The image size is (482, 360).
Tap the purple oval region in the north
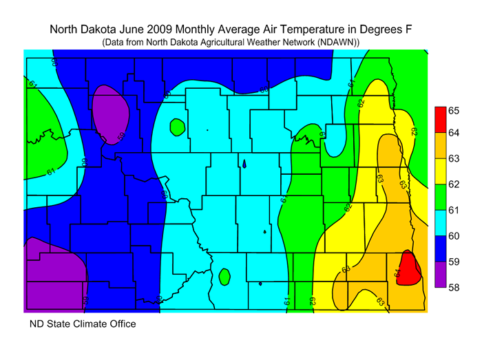pos(111,112)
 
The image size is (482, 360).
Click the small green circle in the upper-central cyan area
pos(177,127)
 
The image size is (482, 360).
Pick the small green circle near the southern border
pos(224,277)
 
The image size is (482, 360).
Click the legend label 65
pos(454,110)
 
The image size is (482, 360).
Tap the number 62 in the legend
pos(454,184)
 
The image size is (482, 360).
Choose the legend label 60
pos(454,236)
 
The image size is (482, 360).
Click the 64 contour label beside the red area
pos(398,273)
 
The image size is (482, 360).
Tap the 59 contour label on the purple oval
pos(120,136)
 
